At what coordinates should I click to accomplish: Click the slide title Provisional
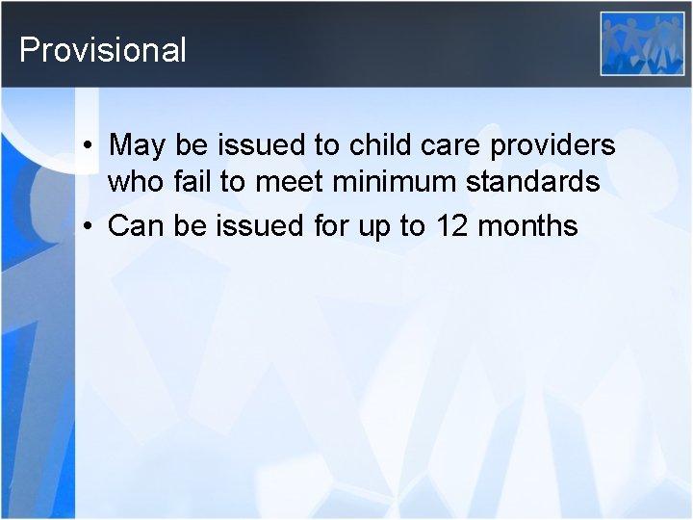point(103,49)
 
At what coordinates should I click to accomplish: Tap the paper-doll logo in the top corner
point(642,43)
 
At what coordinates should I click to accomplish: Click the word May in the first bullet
point(137,146)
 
